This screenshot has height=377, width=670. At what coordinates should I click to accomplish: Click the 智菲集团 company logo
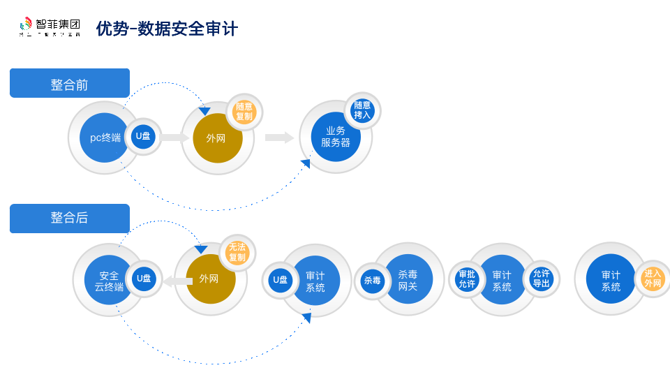(50, 27)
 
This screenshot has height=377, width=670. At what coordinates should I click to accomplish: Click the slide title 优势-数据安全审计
(167, 29)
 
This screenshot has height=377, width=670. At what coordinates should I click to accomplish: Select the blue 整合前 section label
(70, 83)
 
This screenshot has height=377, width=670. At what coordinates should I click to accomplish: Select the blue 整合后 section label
(70, 218)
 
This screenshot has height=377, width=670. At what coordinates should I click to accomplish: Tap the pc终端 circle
(104, 138)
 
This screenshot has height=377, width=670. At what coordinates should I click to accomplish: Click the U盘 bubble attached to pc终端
(143, 137)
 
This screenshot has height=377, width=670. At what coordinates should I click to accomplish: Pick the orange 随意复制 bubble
(244, 112)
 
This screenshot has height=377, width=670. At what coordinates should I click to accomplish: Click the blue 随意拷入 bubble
(362, 110)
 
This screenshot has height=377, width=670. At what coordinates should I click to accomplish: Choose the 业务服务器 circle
(336, 137)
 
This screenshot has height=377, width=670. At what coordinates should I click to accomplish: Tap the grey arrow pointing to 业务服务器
(279, 138)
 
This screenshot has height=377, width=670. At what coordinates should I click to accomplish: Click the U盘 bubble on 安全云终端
(144, 279)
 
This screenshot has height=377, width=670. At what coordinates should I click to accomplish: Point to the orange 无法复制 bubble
(237, 252)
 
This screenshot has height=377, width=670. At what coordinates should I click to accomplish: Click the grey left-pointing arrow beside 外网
(178, 281)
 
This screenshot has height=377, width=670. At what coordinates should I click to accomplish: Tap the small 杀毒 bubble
(372, 281)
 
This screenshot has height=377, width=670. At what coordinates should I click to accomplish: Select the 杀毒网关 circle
(408, 280)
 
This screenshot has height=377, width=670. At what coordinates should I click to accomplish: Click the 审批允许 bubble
(467, 279)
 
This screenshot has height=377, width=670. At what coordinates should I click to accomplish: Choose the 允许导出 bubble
(541, 279)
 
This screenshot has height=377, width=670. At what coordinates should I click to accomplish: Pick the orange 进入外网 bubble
(653, 279)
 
